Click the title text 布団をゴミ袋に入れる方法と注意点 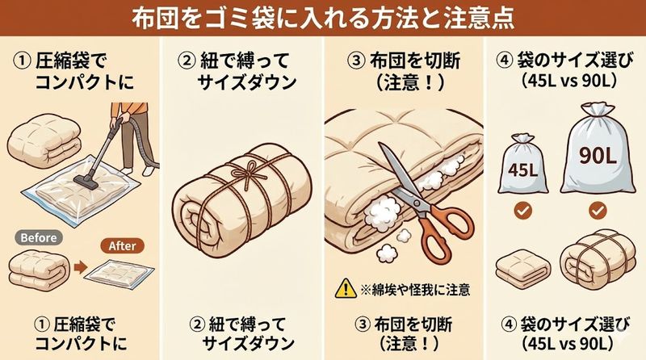[323, 16]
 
